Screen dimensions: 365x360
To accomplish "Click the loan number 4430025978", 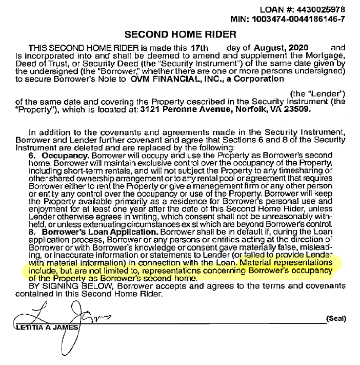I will (323, 10).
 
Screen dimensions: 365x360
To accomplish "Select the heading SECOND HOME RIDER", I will (181, 35).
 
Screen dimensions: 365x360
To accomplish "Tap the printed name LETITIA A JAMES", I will (49, 328).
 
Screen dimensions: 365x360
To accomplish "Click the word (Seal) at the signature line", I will (336, 319).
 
